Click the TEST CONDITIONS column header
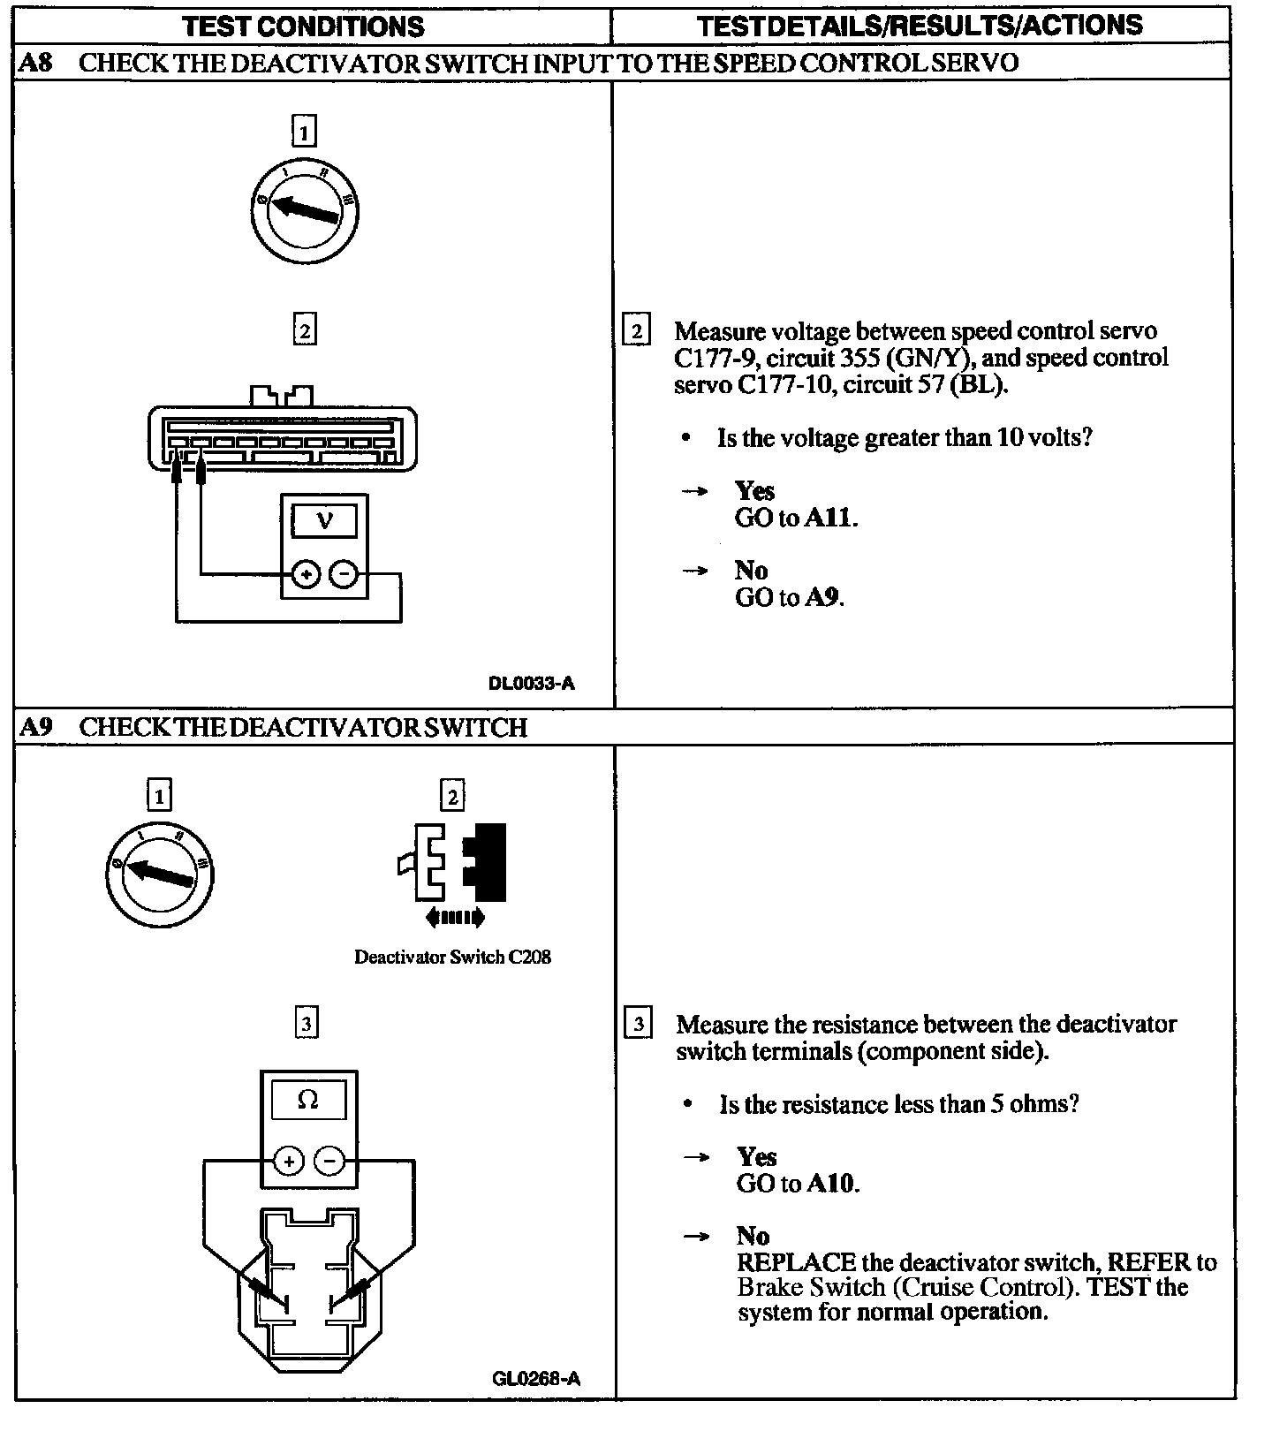tap(303, 26)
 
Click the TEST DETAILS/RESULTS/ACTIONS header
tap(920, 26)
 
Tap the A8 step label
tap(34, 63)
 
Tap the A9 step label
tap(35, 727)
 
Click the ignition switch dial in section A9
tap(159, 874)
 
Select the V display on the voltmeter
tap(324, 520)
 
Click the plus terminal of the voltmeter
tap(306, 575)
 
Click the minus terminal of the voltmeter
tap(344, 575)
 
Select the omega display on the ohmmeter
tap(307, 1101)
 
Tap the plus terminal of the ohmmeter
tap(289, 1160)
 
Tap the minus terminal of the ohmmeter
tap(329, 1160)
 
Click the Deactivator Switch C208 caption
tap(452, 957)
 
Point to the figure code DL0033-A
tap(531, 683)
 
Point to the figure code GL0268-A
tap(536, 1379)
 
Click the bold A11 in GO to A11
tap(830, 518)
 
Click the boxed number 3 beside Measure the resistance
tap(638, 1025)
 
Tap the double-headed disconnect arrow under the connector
tap(455, 918)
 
